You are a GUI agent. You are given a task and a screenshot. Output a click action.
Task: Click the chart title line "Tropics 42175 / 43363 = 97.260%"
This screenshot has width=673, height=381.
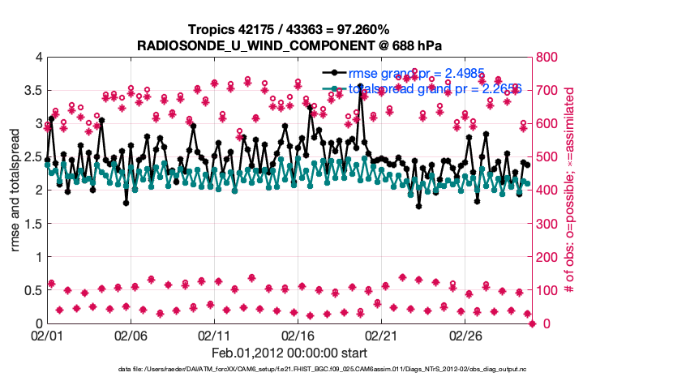tap(289, 29)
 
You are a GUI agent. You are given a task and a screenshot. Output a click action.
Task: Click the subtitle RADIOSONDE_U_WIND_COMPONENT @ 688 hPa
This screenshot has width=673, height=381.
tap(289, 44)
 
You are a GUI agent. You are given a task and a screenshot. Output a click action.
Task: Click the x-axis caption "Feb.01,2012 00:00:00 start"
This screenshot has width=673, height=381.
tap(289, 353)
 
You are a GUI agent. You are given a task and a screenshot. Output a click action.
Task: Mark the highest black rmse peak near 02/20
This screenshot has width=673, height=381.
tap(361, 86)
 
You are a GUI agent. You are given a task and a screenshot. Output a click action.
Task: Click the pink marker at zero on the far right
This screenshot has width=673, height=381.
tap(532, 323)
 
